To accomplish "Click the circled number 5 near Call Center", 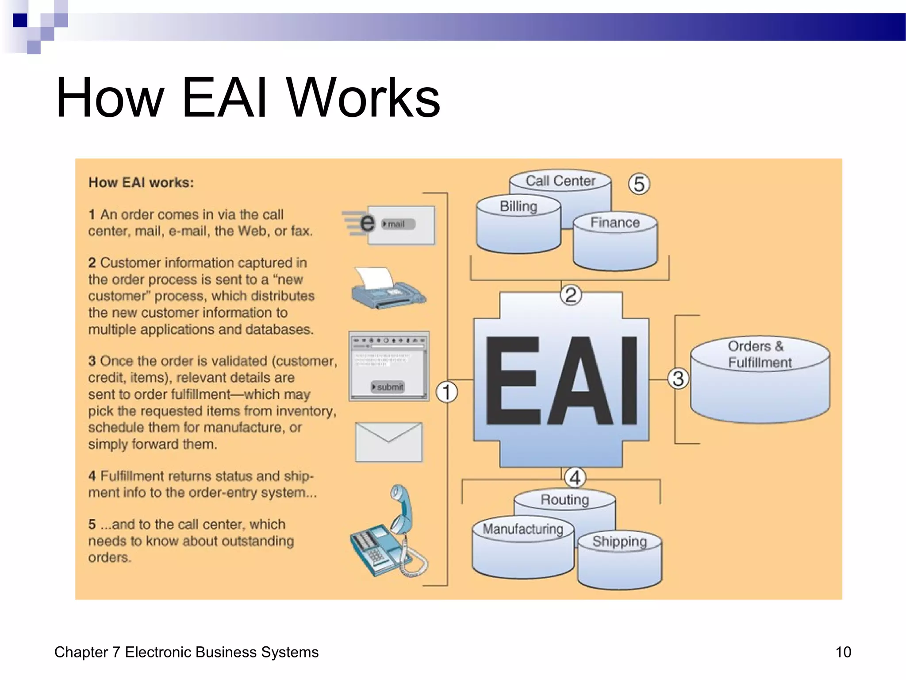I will click(x=639, y=184).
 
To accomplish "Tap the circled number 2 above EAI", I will click(x=571, y=295).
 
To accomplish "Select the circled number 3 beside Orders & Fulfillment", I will click(x=678, y=379).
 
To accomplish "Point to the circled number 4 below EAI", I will click(x=575, y=478).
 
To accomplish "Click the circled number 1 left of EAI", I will click(x=446, y=392).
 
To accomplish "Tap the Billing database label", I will click(x=518, y=206).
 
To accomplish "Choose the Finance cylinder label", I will click(x=615, y=222).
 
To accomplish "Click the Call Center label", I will click(x=560, y=181).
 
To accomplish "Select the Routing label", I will click(x=564, y=500).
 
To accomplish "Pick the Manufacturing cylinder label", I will click(x=523, y=529).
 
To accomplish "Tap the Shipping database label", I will click(x=619, y=541).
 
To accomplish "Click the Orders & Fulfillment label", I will click(x=760, y=354).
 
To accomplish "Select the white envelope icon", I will click(x=388, y=442).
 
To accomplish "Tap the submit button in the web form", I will click(x=388, y=387).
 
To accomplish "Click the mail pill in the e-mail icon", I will click(x=398, y=224).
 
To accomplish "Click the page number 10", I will click(x=843, y=652).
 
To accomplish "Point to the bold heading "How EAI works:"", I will click(x=141, y=183).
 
